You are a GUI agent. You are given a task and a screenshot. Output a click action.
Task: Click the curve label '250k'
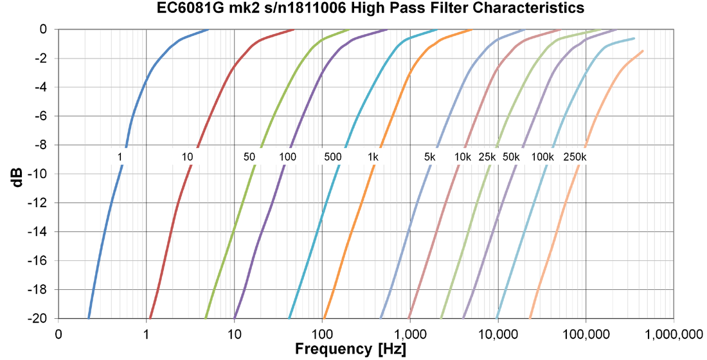point(575,157)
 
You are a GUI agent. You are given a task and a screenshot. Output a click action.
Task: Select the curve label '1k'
point(373,157)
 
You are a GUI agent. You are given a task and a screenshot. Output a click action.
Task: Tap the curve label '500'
point(332,157)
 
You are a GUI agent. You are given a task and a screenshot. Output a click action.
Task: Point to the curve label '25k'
point(487,157)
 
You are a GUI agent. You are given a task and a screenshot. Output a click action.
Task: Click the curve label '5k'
point(430,157)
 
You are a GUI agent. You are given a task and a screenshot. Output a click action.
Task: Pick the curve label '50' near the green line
point(249,157)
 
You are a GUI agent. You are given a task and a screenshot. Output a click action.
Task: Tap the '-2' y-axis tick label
point(44,59)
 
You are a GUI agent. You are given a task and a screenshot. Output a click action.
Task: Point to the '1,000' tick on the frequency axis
point(409,334)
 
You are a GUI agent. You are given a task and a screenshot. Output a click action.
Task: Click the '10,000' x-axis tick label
point(498,334)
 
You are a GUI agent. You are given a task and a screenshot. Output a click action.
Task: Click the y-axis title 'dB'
point(17,174)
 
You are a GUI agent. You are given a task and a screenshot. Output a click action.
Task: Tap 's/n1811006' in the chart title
point(292,8)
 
